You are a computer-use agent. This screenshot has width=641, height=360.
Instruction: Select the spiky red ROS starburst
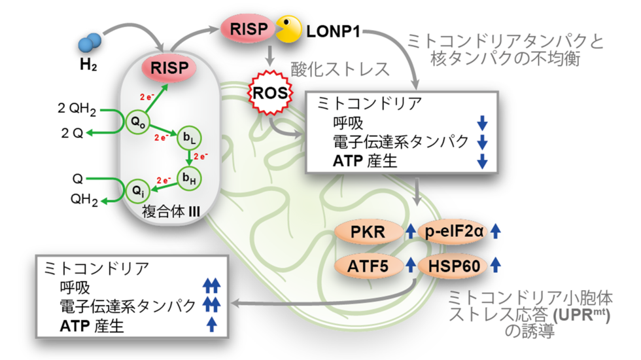(x=269, y=92)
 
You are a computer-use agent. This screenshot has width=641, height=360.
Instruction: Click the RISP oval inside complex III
(x=169, y=68)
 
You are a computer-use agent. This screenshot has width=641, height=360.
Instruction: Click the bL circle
(x=187, y=138)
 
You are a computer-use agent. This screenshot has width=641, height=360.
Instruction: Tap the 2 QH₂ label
(x=79, y=109)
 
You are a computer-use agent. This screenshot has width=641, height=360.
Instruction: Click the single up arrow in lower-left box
(x=211, y=325)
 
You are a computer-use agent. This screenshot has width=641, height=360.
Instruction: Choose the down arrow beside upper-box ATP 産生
(x=483, y=162)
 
